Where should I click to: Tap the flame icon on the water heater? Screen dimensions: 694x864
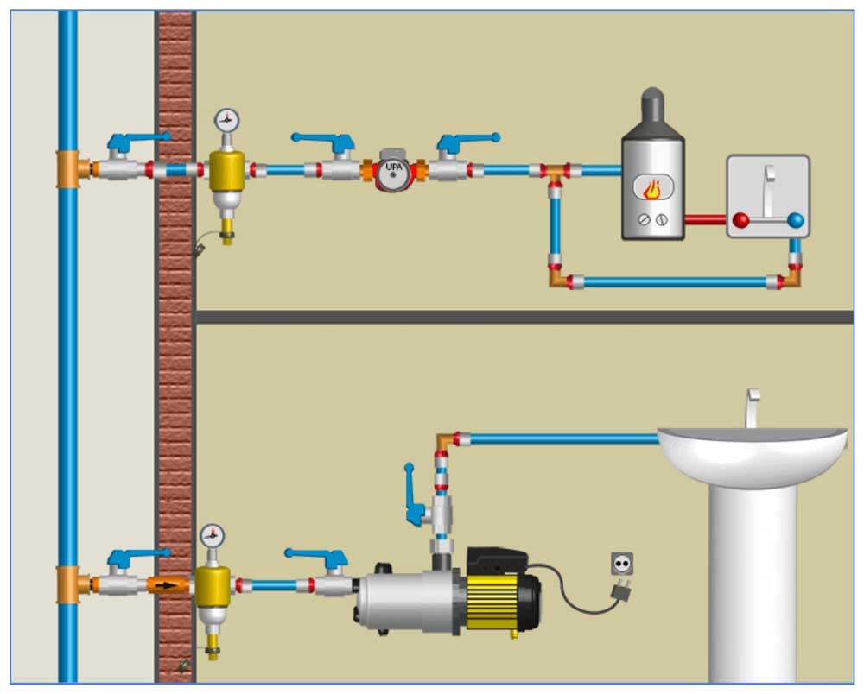[x=654, y=188]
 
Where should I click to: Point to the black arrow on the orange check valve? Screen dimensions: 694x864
[x=171, y=586]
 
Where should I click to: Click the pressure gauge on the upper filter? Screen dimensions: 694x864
[x=227, y=120]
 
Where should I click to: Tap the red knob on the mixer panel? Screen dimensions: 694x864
[x=740, y=220]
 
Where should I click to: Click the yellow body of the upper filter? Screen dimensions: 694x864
[x=226, y=170]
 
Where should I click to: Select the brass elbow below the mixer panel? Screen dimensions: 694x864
[x=791, y=279]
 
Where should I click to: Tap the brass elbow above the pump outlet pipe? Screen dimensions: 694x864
[x=445, y=441]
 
